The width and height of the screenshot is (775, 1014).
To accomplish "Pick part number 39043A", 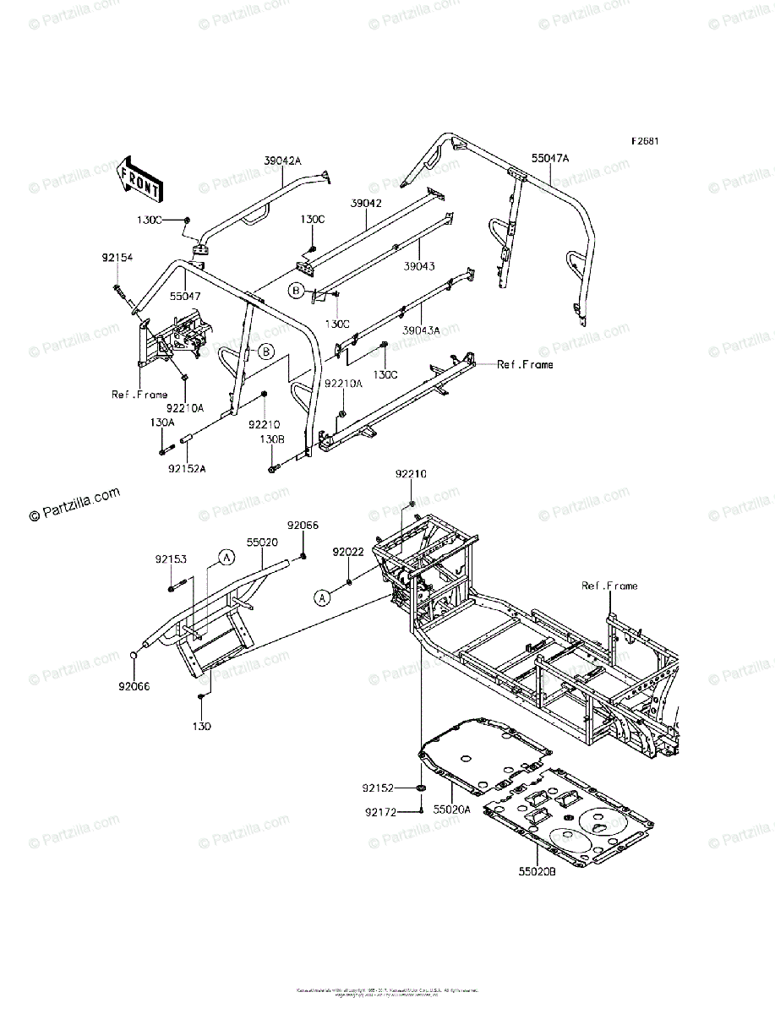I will [x=422, y=330].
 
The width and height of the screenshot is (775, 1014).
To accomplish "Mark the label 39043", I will [x=419, y=265].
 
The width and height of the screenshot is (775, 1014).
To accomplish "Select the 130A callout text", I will [x=163, y=422].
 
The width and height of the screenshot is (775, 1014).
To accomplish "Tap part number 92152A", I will [x=187, y=467].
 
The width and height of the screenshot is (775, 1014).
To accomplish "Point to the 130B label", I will [x=271, y=439].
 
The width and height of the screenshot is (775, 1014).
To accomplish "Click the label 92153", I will [x=172, y=559].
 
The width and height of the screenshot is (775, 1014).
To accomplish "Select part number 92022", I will [x=347, y=552].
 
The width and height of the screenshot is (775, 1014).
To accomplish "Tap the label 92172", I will [x=381, y=813].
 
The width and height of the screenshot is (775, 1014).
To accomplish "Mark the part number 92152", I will [x=379, y=788].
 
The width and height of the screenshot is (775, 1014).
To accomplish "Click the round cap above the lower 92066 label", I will [x=133, y=657].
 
